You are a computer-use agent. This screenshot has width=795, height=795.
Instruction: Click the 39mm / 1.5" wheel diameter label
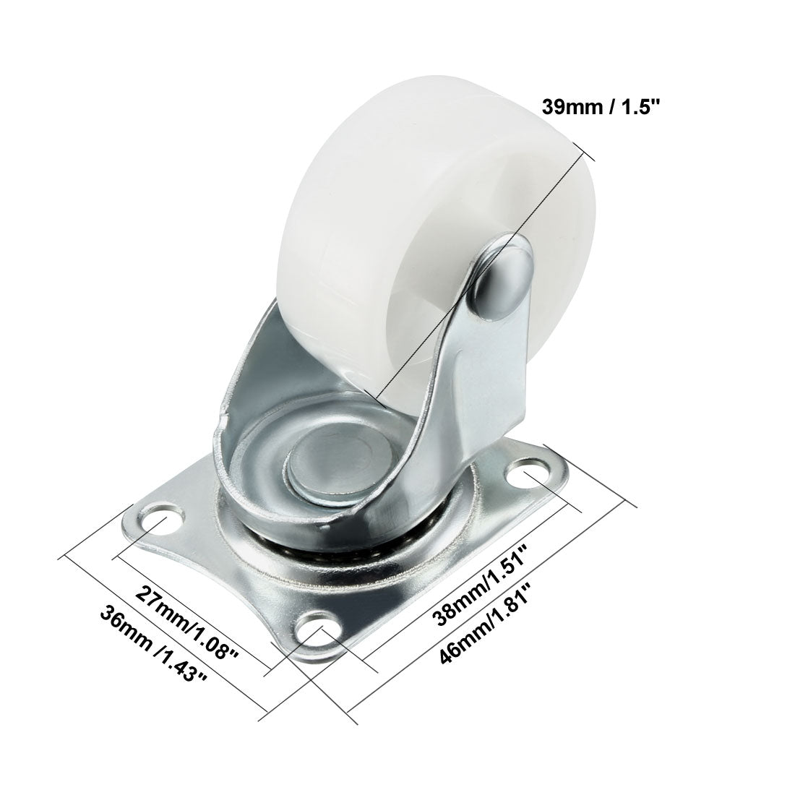coord(602,107)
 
